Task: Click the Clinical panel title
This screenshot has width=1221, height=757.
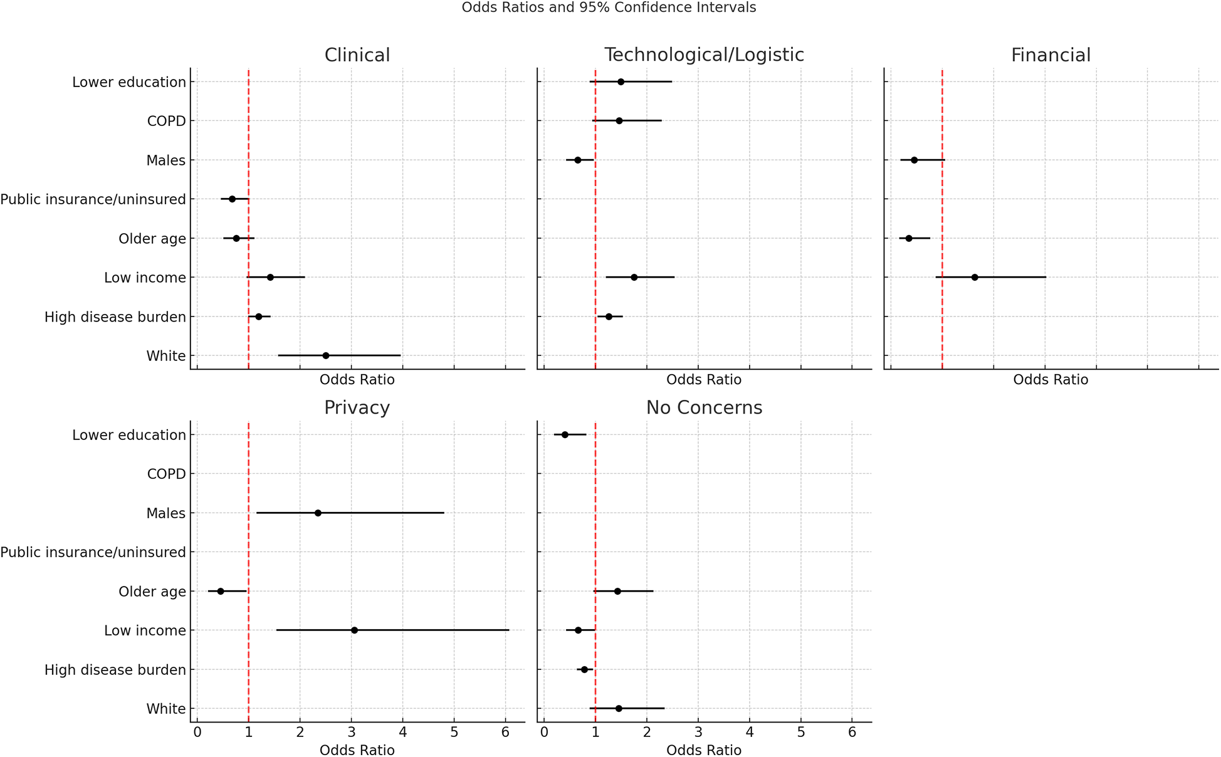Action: [357, 55]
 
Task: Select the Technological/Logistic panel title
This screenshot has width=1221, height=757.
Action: [704, 55]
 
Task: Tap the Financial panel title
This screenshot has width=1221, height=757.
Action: [1051, 55]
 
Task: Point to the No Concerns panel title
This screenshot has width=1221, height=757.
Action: [704, 408]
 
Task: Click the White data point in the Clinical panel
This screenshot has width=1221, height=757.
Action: [325, 355]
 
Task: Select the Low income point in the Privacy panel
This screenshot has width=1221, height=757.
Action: [354, 630]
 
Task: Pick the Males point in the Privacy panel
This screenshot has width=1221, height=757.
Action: [318, 513]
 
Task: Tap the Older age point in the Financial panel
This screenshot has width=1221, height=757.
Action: [909, 238]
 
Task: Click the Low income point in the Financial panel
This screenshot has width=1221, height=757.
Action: [975, 277]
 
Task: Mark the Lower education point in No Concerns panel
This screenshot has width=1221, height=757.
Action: [565, 434]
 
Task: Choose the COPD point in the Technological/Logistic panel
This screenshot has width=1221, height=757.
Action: [619, 120]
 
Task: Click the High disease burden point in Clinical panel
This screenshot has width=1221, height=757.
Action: [258, 316]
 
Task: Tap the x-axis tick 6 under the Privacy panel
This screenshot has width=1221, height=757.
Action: [505, 733]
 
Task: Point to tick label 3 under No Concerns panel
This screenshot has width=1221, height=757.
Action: [698, 733]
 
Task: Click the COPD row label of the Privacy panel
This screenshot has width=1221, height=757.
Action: [166, 474]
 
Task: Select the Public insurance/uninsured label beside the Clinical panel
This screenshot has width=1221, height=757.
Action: [93, 199]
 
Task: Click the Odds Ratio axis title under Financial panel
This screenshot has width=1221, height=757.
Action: [1051, 380]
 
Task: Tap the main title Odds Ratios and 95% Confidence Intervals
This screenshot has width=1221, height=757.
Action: [609, 8]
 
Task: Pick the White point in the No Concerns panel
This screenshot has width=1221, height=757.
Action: [619, 708]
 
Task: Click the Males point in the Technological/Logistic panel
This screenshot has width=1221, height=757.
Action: [578, 160]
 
